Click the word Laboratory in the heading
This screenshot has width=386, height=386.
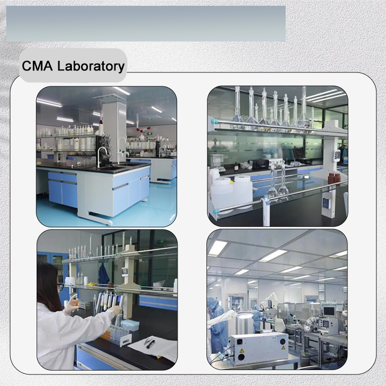[91, 67]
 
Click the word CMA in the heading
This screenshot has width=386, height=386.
[37, 66]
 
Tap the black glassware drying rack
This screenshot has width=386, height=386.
[103, 151]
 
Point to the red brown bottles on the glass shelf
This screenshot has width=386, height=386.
[334, 179]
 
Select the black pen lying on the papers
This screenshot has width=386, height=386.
[151, 344]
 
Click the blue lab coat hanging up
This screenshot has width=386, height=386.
[104, 275]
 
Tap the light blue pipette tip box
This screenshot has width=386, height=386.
[130, 325]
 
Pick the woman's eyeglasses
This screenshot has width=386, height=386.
[61, 286]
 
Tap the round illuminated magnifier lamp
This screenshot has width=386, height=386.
[245, 315]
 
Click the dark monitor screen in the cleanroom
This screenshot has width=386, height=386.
[329, 311]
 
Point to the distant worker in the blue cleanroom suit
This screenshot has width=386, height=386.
[257, 318]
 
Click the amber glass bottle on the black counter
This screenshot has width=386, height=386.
[236, 166]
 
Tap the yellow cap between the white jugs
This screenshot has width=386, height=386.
[232, 182]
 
